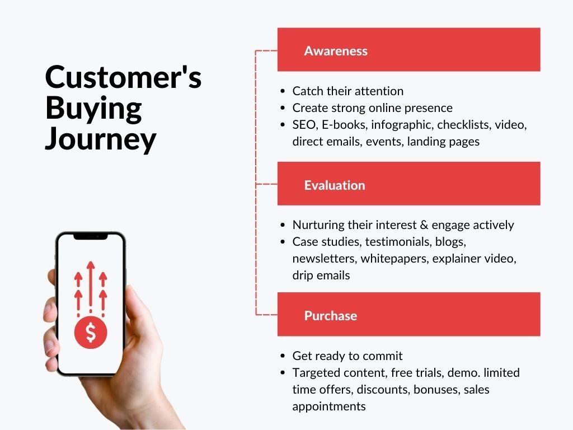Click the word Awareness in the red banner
336,51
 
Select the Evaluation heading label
334,185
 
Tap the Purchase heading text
330,316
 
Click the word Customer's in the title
123,77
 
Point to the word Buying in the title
93,108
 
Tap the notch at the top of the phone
91,237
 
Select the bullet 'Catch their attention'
347,91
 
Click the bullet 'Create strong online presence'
372,107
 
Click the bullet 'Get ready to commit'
347,356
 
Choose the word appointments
328,406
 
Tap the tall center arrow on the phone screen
91,283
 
